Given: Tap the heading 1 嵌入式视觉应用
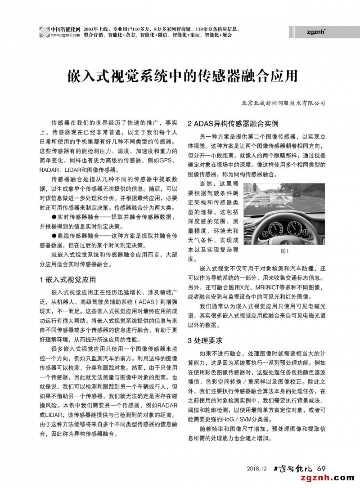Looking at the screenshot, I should click(67, 279).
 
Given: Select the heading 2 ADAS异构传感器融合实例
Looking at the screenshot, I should click(233, 123).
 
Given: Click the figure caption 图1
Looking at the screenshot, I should click(284, 251).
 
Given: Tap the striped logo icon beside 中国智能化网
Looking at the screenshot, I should click(44, 32).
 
